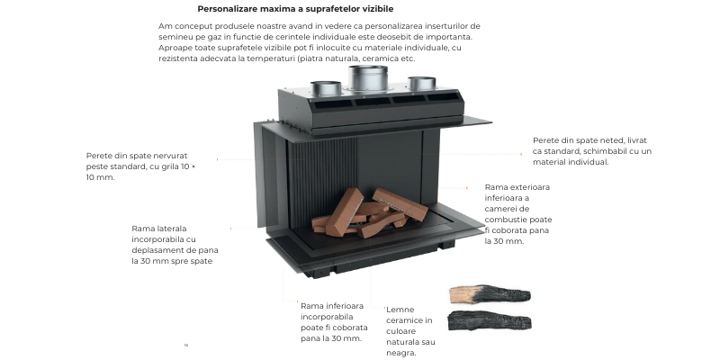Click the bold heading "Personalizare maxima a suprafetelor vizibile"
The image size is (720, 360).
(295, 9)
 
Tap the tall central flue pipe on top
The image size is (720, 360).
(367, 78)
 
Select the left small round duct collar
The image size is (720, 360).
(326, 88)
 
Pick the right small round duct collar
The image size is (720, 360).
(421, 83)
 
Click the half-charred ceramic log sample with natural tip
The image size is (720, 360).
(490, 294)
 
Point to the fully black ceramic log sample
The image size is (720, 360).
(490, 320)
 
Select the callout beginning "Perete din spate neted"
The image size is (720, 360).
(592, 151)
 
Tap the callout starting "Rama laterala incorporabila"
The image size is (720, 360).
(175, 245)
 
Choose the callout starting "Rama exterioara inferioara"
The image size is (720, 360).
(518, 214)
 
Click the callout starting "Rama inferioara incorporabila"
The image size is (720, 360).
(334, 322)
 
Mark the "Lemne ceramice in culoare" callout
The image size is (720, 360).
(410, 331)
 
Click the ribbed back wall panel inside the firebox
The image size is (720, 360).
(322, 179)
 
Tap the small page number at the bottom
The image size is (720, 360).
(186, 345)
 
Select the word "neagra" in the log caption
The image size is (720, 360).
(400, 353)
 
